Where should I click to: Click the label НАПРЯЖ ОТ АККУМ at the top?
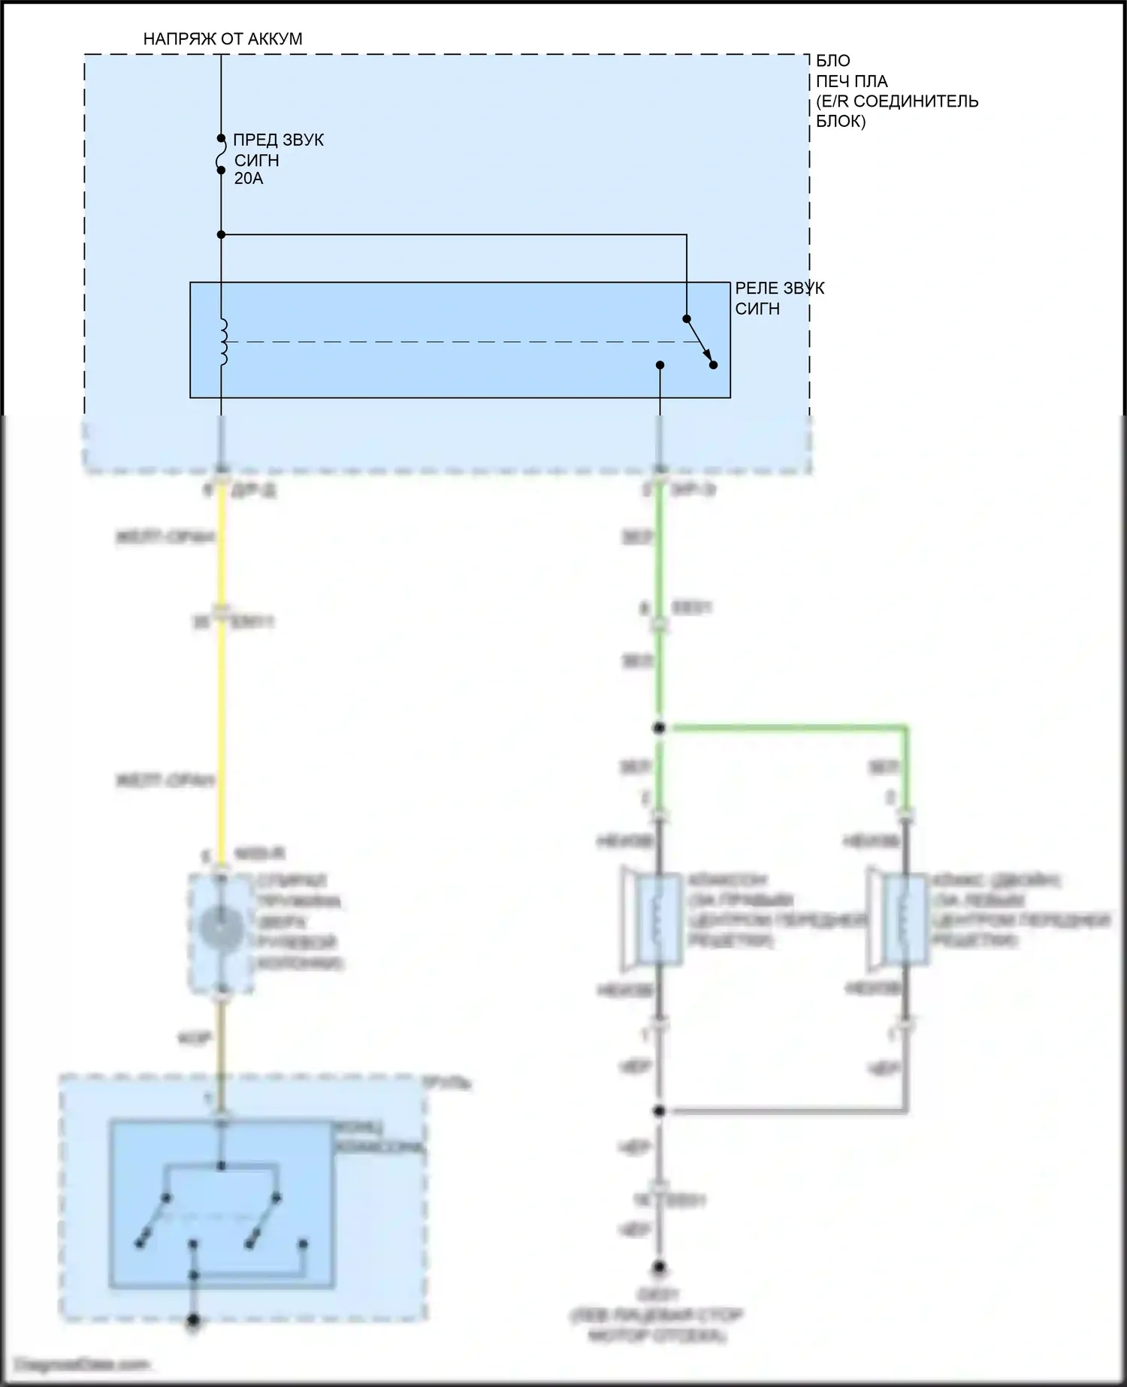[222, 39]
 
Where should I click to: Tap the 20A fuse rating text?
[249, 179]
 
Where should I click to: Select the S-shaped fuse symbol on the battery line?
[221, 154]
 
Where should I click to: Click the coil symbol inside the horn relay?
[222, 342]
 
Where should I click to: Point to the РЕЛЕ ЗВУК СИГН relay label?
[778, 298]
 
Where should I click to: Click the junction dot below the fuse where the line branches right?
[221, 235]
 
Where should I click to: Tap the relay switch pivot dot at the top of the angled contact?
[686, 319]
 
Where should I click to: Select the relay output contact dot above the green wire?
[660, 365]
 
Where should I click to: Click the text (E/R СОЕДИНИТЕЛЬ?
[897, 101]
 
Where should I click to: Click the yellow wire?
[222, 699]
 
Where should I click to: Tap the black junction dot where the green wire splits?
[660, 727]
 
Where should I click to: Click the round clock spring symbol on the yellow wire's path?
[222, 929]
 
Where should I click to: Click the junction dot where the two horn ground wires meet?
[660, 1111]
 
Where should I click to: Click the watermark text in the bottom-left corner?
[83, 1364]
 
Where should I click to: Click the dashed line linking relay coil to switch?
[451, 342]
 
